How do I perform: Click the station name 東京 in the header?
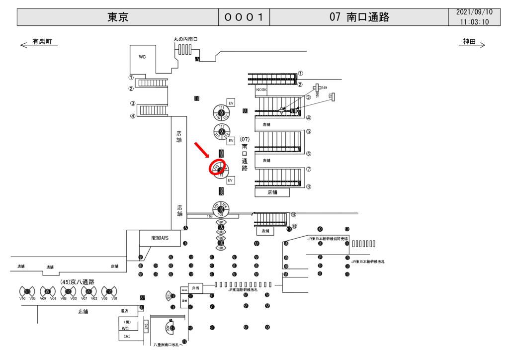[x=118, y=17]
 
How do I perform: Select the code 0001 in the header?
[x=244, y=17]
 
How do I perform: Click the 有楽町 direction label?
[x=42, y=42]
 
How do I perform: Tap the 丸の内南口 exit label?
[x=185, y=39]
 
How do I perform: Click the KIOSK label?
[x=261, y=90]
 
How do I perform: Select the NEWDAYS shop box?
[x=160, y=238]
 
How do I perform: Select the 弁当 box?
[x=195, y=288]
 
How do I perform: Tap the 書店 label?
[x=124, y=311]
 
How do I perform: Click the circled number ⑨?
[x=294, y=215]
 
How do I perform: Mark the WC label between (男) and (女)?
[x=125, y=328]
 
